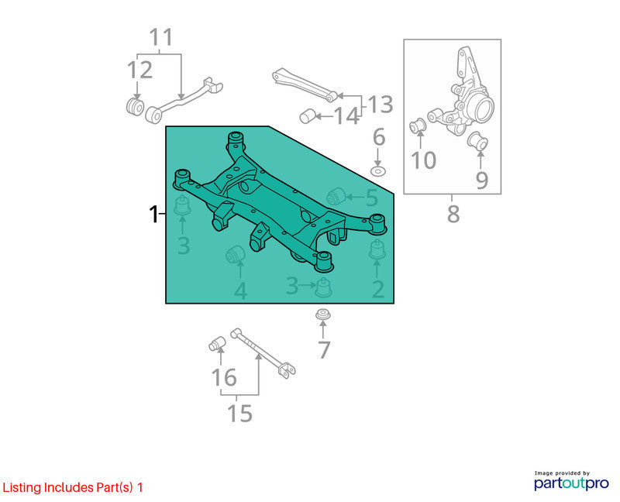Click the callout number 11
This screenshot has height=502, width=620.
161,37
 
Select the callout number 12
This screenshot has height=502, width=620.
139,70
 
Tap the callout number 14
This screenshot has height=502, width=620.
346,116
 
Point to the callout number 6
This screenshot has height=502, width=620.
379,137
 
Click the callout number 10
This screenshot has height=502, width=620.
423,160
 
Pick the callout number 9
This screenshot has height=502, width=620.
481,181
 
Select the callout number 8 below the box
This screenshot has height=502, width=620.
453,214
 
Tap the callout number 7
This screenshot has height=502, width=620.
324,350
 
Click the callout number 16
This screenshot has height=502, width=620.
224,377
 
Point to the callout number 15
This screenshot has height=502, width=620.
239,414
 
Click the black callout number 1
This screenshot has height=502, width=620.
153,214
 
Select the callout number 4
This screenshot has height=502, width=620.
240,291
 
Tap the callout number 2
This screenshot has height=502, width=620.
378,289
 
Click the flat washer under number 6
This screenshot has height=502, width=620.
378,171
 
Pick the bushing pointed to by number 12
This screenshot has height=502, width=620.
135,106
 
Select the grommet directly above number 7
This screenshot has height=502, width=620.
323,315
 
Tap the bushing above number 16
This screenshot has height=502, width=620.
217,344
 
